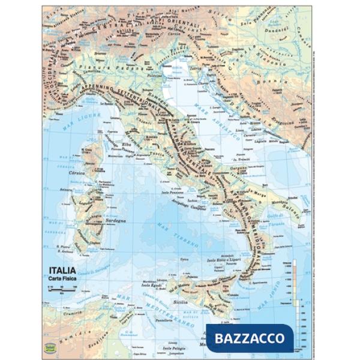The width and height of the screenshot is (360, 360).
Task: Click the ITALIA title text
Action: click(x=59, y=270)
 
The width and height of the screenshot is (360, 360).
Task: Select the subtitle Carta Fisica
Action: click(x=59, y=279)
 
